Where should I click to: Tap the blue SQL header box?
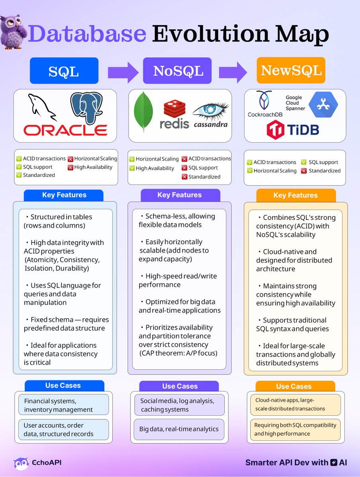(x=64, y=71)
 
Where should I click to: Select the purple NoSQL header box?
(x=178, y=71)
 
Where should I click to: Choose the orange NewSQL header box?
(x=291, y=70)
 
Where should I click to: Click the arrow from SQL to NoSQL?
(x=123, y=73)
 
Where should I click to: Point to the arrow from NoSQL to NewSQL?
(x=234, y=73)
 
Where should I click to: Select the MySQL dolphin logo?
(x=42, y=108)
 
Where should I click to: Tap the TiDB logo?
(x=292, y=130)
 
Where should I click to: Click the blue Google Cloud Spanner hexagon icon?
(x=323, y=105)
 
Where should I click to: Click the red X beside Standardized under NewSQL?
(x=304, y=171)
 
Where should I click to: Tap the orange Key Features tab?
(x=295, y=195)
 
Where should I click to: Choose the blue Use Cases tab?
(x=63, y=386)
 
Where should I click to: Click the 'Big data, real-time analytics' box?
(x=179, y=429)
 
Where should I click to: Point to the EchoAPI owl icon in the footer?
(x=21, y=463)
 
